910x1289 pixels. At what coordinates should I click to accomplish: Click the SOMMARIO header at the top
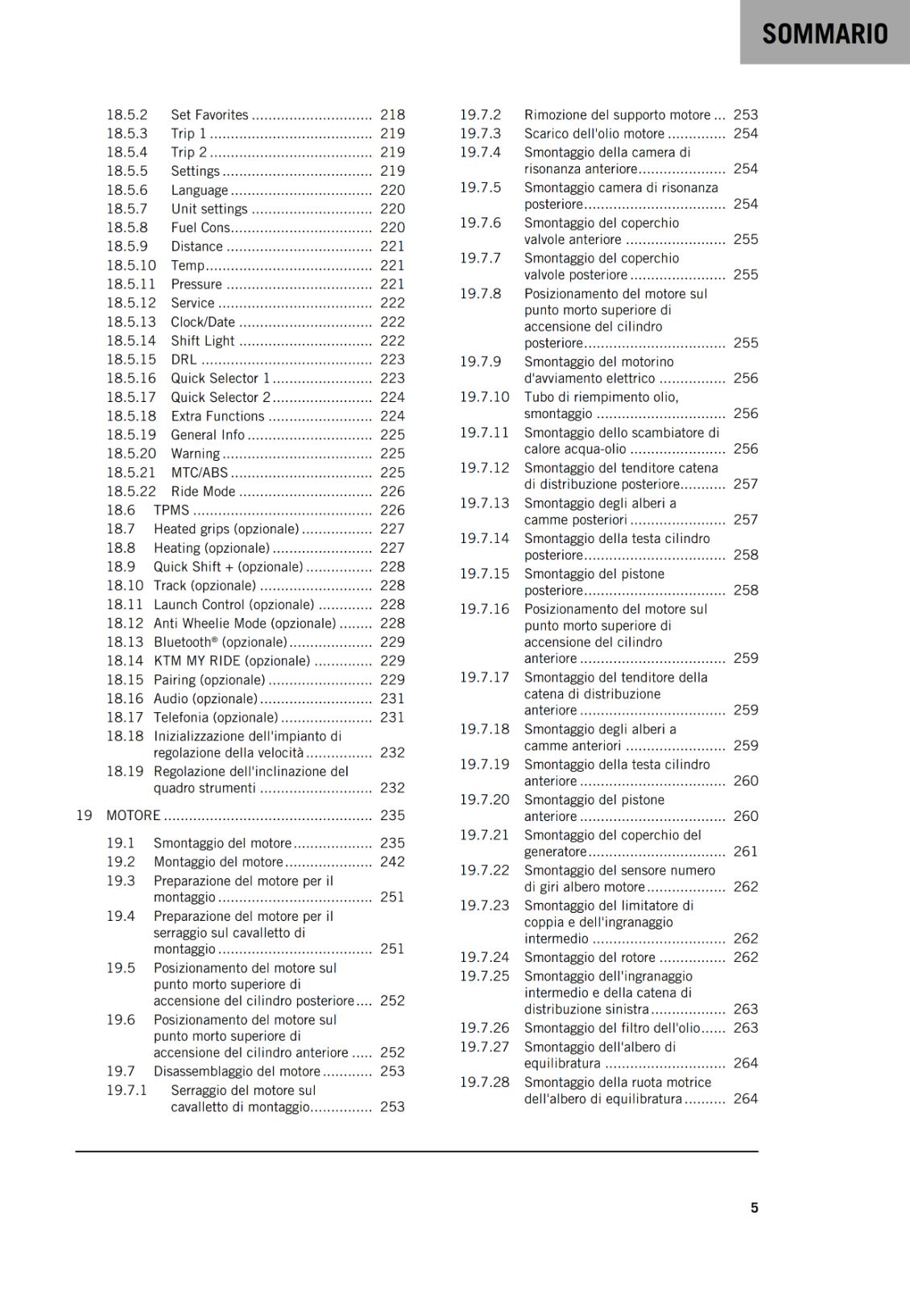[825, 33]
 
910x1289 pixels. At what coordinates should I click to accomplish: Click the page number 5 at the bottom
[755, 1208]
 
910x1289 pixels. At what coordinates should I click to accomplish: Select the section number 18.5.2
[127, 115]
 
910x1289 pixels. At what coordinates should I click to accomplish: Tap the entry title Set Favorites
[209, 115]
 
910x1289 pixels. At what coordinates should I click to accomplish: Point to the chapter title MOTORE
[134, 815]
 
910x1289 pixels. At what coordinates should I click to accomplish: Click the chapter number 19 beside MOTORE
[84, 815]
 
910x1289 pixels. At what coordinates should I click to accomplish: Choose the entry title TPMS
[172, 510]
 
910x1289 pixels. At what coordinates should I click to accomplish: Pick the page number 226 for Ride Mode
[392, 491]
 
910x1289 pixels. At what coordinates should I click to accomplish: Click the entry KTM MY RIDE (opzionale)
[232, 661]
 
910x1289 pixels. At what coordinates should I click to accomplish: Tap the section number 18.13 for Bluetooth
[125, 642]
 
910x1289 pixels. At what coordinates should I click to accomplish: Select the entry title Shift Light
[203, 341]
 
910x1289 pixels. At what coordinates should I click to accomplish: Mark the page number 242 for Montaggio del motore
[392, 861]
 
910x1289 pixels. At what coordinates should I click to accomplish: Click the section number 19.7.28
[485, 1082]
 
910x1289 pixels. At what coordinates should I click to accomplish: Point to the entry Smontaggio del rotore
[589, 957]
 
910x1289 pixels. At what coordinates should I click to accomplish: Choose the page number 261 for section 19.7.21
[746, 852]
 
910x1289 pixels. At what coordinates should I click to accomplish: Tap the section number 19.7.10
[485, 397]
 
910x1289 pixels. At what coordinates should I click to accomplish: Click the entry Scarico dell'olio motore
[594, 134]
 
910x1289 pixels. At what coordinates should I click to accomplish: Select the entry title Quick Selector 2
[221, 397]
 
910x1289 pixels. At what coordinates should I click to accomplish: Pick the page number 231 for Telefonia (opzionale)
[392, 717]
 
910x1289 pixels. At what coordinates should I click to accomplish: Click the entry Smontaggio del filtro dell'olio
[612, 1028]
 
